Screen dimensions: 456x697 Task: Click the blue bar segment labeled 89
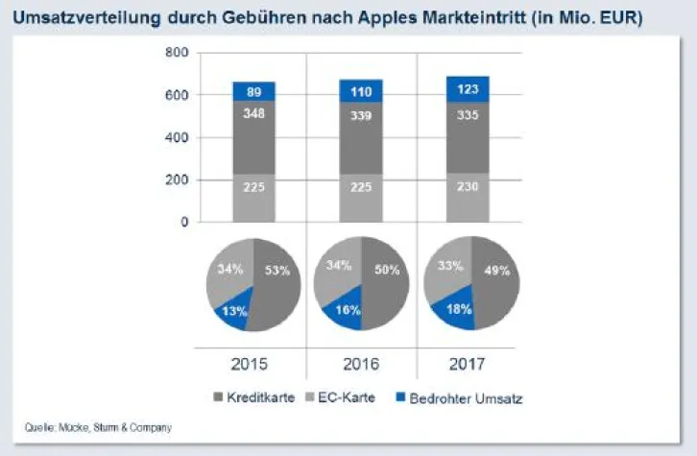pyautogui.click(x=253, y=91)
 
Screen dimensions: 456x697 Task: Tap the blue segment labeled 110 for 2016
pyautogui.click(x=361, y=91)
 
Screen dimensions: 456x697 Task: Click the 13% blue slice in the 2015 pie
pyautogui.click(x=234, y=311)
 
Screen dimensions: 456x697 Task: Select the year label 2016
pyautogui.click(x=361, y=364)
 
